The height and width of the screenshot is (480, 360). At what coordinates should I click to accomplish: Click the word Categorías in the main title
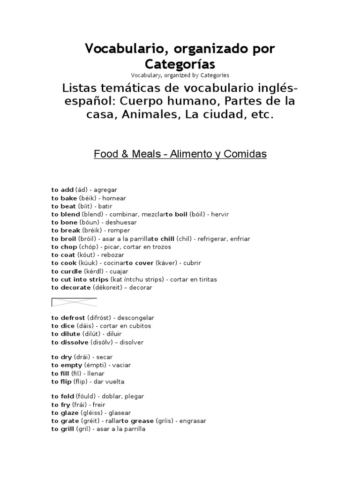coord(180,63)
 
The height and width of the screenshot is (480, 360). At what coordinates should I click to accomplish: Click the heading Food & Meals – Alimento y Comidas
coord(180,154)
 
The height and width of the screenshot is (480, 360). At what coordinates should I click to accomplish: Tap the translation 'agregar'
coord(106,190)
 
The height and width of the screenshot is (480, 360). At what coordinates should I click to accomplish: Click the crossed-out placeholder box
coord(74,302)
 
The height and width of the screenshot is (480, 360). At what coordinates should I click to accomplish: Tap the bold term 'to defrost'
coord(68,317)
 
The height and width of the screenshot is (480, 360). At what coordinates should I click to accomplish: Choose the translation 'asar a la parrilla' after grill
coord(121,429)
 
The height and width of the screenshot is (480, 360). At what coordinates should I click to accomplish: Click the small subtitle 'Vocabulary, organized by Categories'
coord(180,75)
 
